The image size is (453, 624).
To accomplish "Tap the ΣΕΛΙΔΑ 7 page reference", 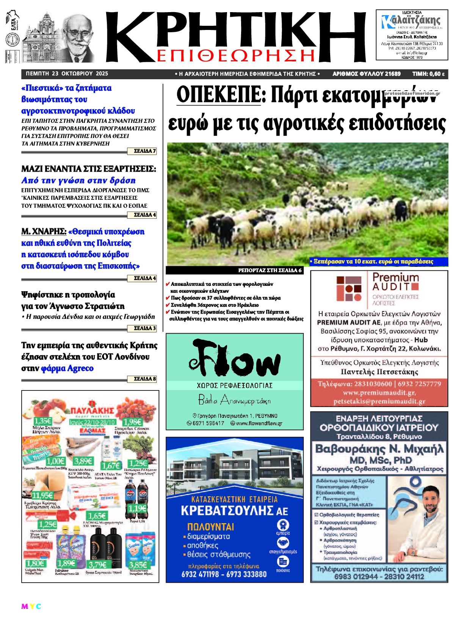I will [145, 151].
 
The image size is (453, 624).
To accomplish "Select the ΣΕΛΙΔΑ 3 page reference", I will [145, 328].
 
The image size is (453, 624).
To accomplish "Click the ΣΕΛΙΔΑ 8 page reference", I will [145, 379].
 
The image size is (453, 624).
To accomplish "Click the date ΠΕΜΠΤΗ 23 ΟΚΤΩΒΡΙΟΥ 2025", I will [67, 74].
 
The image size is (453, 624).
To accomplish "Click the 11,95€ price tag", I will [42, 495].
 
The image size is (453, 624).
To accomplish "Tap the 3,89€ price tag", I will [83, 461].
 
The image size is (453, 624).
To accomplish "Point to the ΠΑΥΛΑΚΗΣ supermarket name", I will [92, 410].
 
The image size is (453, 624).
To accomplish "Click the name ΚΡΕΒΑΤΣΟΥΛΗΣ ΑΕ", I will [234, 510].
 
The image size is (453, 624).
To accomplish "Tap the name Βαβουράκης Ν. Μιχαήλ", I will [379, 449].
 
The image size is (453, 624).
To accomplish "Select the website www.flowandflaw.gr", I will [259, 423].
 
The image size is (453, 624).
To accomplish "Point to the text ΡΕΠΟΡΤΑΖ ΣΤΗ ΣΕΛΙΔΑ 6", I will [270, 270].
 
